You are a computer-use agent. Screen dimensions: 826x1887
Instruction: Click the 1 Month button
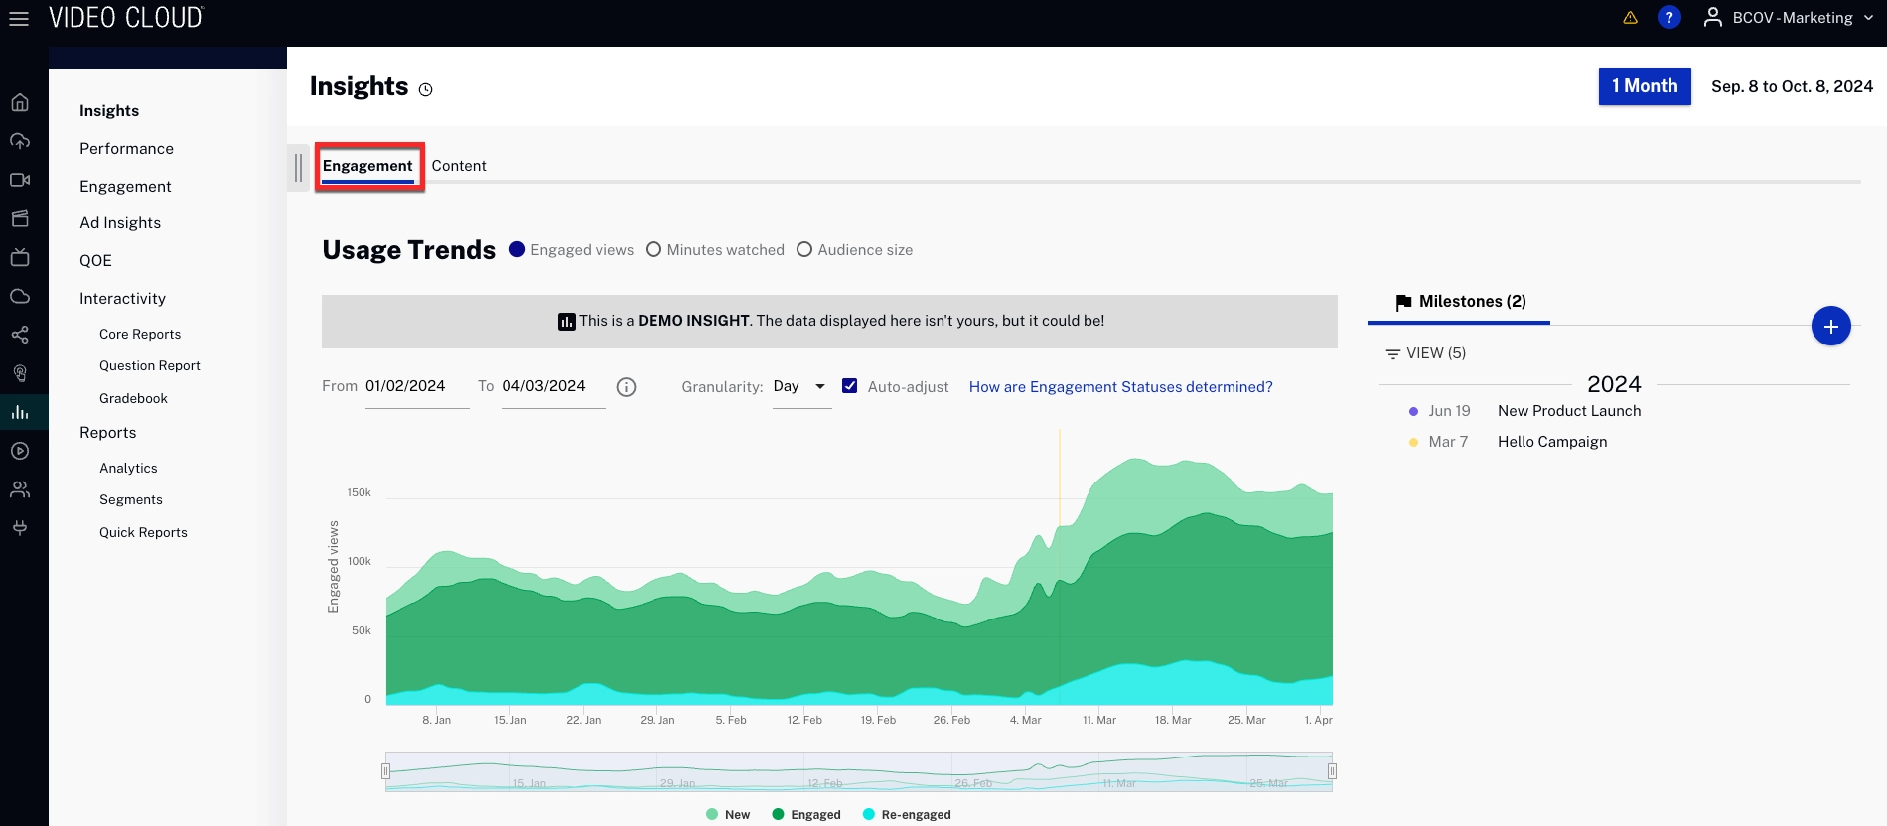tap(1644, 86)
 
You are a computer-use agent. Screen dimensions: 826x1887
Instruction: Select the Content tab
tap(458, 166)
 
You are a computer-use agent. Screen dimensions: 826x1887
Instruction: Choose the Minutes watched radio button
tap(653, 250)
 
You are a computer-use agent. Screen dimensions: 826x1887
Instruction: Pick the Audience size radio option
tap(804, 250)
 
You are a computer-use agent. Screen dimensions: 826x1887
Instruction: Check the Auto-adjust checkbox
tap(850, 386)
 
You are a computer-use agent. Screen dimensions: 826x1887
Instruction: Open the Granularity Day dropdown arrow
tap(820, 386)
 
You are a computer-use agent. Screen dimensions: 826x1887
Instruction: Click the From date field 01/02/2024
tap(415, 386)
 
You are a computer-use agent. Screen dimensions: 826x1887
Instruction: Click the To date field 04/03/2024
tap(551, 386)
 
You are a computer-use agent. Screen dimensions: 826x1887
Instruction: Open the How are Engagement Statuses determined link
tap(1120, 387)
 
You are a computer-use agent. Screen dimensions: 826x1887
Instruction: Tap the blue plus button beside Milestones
tap(1830, 326)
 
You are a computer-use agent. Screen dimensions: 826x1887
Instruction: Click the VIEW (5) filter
tap(1426, 353)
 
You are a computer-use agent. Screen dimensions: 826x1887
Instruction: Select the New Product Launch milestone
tap(1568, 411)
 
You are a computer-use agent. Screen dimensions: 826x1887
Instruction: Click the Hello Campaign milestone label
tap(1551, 442)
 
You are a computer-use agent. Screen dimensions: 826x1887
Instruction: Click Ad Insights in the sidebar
tap(120, 223)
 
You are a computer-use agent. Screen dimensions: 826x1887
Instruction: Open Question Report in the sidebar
tap(150, 366)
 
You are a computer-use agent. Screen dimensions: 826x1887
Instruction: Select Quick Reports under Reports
tap(143, 533)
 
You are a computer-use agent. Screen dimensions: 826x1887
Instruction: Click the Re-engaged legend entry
tap(915, 815)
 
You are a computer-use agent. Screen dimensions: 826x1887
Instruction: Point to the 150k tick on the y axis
tap(359, 492)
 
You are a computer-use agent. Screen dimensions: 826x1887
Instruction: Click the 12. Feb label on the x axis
tap(804, 720)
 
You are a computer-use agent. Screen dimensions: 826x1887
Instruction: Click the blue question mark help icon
tap(1669, 18)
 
